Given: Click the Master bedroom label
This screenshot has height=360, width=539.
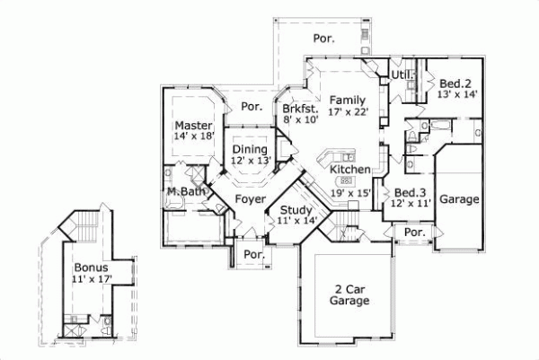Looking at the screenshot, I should point(193,125).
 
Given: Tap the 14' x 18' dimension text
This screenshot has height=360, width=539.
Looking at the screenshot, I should point(193,136).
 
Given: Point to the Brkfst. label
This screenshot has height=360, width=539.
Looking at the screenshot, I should point(300,107).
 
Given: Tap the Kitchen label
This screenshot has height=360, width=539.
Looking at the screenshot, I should point(348,169).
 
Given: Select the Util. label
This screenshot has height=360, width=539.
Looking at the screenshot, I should point(400,75).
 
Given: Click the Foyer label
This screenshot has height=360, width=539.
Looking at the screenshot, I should point(249,199).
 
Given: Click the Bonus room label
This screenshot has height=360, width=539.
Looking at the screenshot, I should point(90,268).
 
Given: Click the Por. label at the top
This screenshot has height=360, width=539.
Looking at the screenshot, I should point(323,39).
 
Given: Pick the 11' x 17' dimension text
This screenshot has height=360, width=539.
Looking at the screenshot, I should point(90,279).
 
